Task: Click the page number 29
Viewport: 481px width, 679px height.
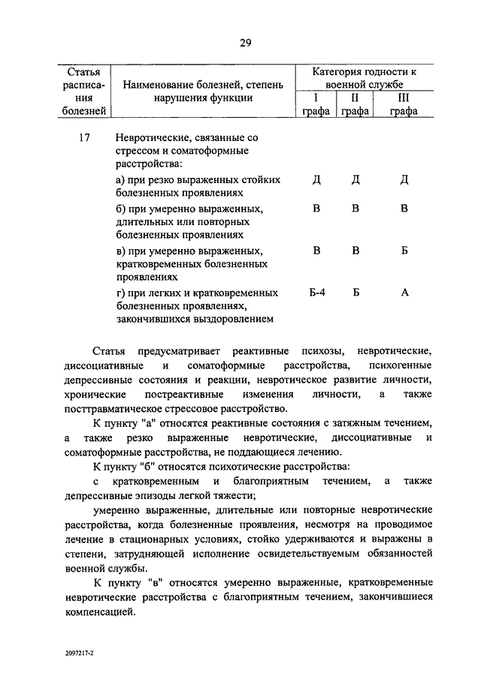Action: [x=244, y=42]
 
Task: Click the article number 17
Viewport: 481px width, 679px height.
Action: [x=84, y=138]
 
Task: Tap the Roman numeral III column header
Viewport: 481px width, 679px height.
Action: [x=403, y=98]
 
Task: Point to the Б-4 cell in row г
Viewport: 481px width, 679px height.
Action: [x=316, y=293]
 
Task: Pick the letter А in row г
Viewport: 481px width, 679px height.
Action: [x=404, y=293]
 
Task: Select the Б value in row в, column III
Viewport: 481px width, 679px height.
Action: [x=404, y=250]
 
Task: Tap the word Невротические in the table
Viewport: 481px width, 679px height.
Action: [x=151, y=138]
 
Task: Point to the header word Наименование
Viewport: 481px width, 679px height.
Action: [x=159, y=84]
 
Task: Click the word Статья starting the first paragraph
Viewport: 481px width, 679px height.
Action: [x=110, y=351]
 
